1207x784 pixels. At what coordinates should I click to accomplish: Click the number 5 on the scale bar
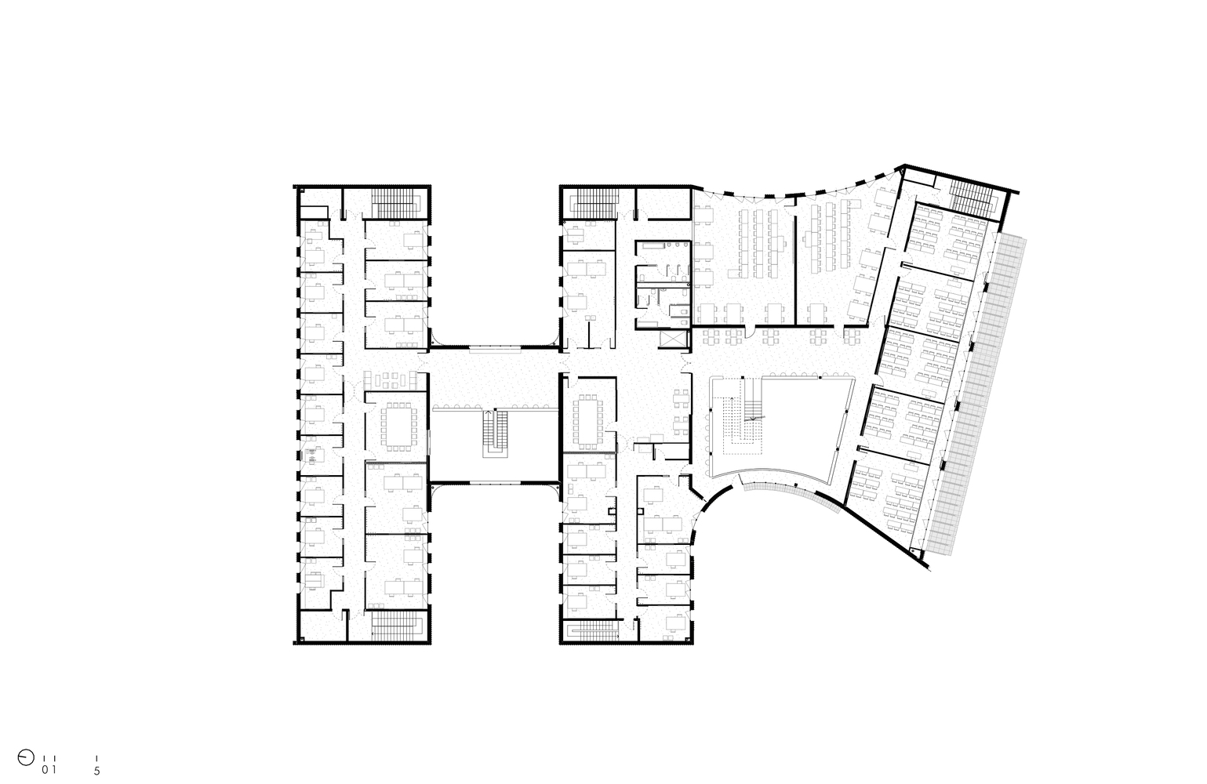click(x=97, y=771)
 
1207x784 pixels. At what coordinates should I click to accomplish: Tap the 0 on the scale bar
click(x=45, y=770)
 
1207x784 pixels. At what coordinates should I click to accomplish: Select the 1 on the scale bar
click(x=54, y=770)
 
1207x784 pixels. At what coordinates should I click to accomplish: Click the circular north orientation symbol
click(x=26, y=757)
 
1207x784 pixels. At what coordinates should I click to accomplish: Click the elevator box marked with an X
click(x=674, y=339)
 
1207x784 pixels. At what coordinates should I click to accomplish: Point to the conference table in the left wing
click(x=398, y=426)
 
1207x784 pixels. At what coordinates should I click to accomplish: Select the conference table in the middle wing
click(x=588, y=421)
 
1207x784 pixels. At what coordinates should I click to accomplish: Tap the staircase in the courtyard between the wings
click(x=495, y=434)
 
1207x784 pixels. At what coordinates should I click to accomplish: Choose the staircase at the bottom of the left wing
click(x=397, y=626)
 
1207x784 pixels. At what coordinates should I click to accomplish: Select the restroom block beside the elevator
click(x=663, y=284)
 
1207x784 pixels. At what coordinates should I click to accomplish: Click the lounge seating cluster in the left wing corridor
click(x=391, y=380)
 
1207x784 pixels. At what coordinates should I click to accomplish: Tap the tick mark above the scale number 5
click(x=97, y=759)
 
